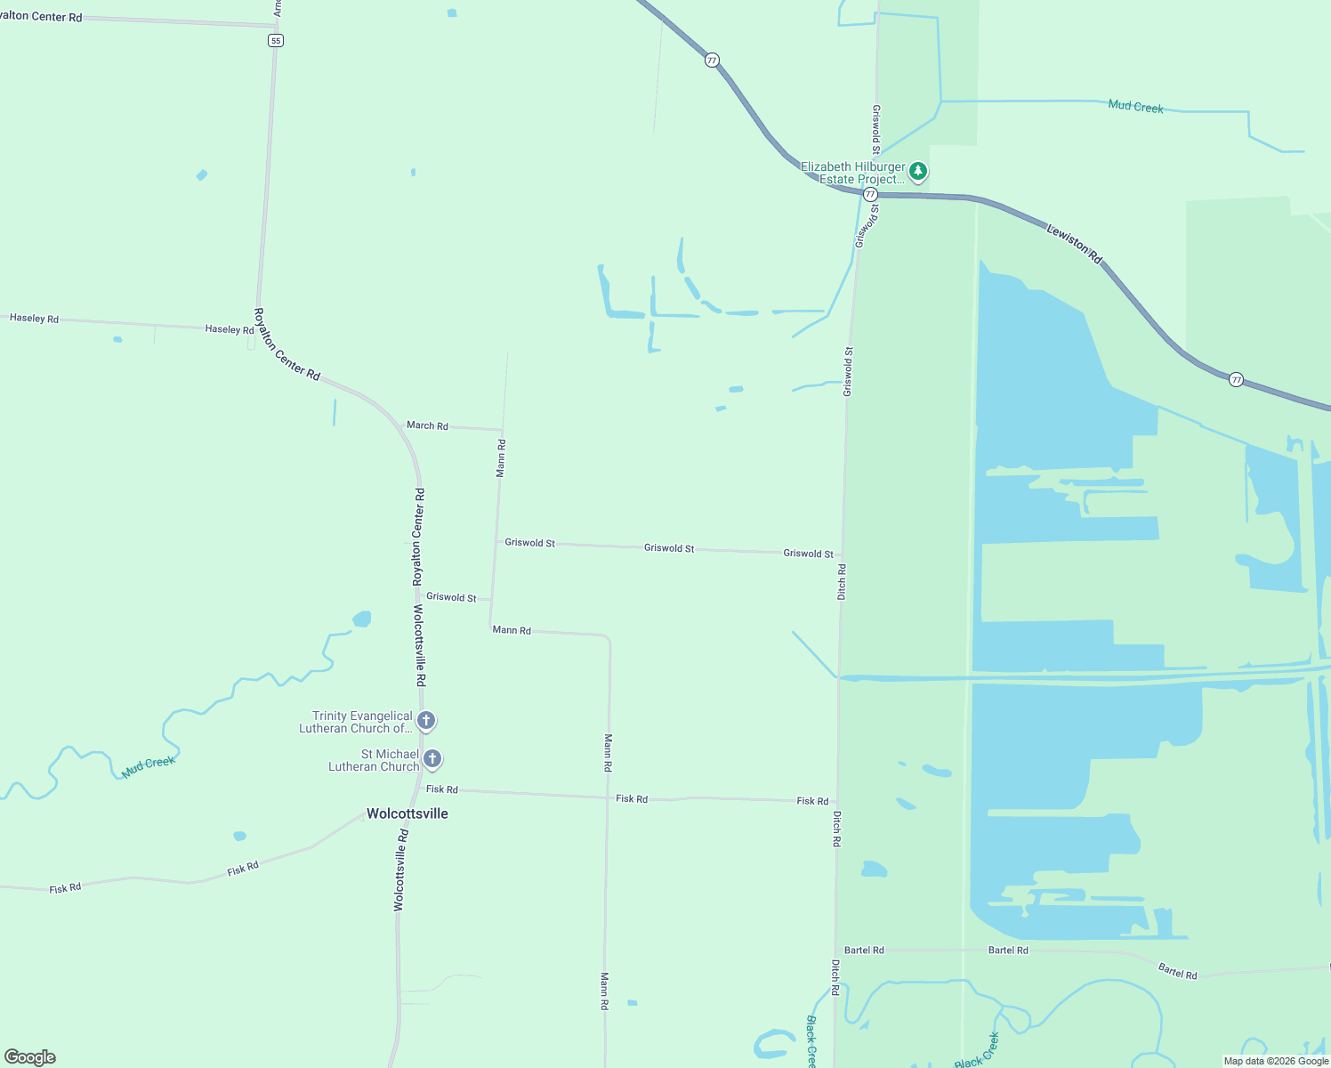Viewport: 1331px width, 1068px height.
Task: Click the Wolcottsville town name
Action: click(407, 813)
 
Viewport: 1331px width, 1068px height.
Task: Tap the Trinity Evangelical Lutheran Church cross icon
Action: click(426, 721)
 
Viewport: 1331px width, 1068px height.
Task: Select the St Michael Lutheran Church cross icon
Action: click(432, 759)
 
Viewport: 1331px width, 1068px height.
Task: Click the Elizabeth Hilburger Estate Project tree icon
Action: click(918, 171)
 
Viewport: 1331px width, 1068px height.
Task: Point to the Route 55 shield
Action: click(276, 40)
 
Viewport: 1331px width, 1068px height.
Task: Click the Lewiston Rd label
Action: click(1074, 244)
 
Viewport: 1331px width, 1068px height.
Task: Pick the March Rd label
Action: click(427, 425)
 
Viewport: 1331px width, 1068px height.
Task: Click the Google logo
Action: click(30, 1057)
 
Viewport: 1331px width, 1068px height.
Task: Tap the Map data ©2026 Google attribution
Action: click(1276, 1061)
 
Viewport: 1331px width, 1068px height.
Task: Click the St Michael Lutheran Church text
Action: click(374, 760)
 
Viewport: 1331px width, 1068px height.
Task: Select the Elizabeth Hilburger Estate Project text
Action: click(852, 173)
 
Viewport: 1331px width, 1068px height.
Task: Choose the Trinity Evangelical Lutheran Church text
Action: click(356, 722)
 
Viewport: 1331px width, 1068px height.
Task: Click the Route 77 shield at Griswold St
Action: click(870, 194)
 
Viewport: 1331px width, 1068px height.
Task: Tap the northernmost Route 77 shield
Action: click(712, 60)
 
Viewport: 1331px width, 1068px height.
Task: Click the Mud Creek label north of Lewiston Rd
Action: click(1135, 107)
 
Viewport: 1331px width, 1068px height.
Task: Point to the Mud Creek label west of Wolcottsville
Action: click(149, 766)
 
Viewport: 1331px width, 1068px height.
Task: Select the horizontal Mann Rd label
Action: click(512, 630)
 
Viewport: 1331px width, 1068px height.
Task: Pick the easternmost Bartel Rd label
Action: click(1177, 972)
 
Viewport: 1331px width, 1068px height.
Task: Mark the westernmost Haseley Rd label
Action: click(34, 318)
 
